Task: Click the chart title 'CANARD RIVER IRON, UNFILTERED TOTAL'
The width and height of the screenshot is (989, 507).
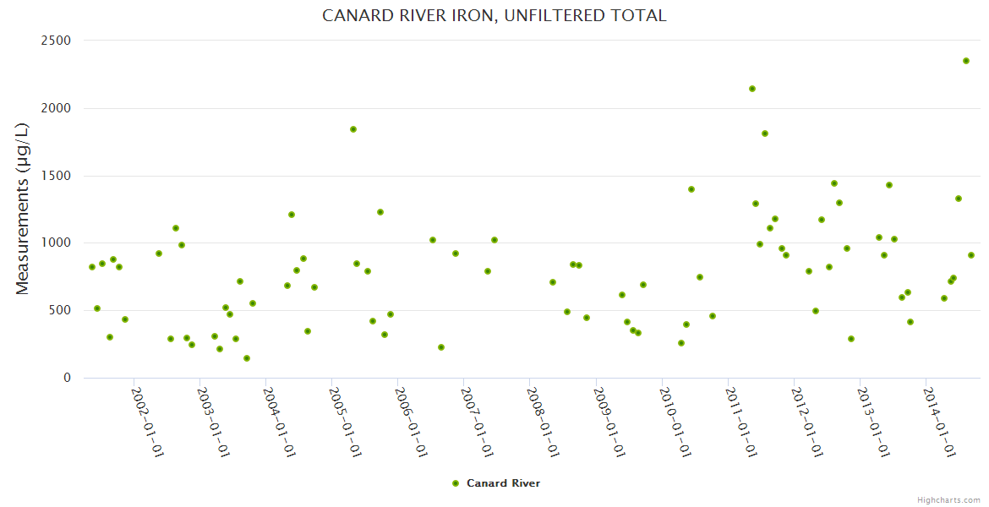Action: point(494,15)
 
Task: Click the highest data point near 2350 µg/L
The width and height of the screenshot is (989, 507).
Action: point(966,61)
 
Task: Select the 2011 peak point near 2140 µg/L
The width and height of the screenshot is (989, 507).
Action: point(752,89)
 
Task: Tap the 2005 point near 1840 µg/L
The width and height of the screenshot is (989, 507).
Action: point(353,129)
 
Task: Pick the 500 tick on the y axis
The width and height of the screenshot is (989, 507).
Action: point(61,311)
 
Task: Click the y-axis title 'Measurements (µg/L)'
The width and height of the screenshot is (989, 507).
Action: point(23,209)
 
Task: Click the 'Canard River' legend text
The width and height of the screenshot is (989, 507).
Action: point(503,483)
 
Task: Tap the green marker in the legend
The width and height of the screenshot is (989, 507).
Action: point(456,483)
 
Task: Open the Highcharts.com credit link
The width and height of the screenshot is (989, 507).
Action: point(948,499)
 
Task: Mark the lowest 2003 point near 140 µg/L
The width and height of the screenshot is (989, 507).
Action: point(247,358)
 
